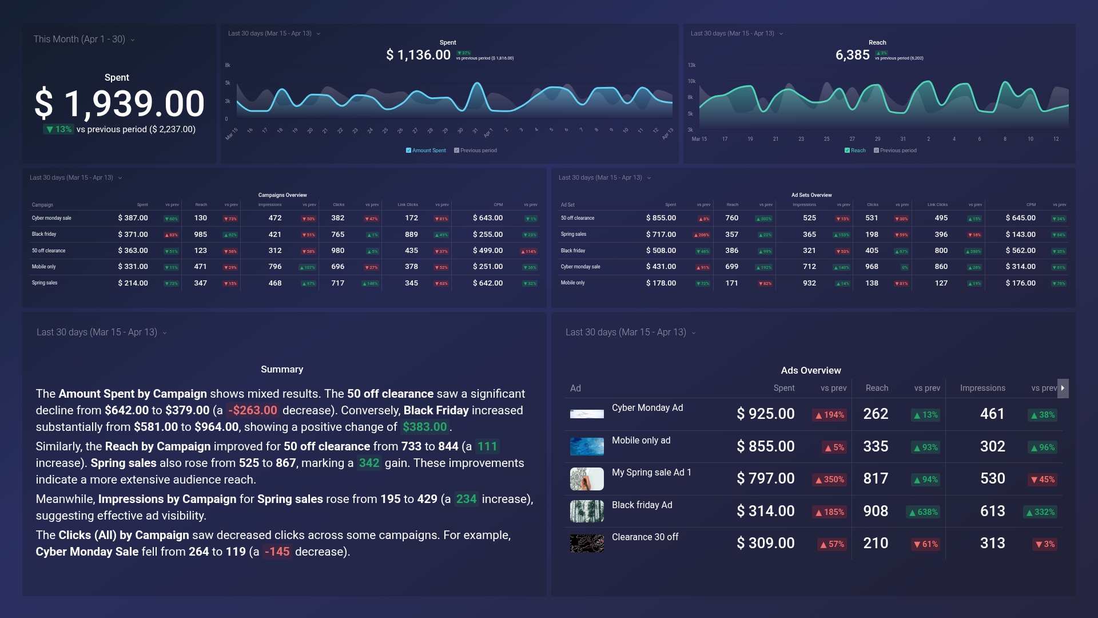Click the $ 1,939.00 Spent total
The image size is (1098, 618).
120,104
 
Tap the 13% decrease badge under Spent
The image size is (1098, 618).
58,129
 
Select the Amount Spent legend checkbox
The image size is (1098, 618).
408,150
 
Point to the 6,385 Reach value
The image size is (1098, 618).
852,55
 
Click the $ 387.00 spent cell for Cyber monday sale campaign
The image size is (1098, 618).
133,218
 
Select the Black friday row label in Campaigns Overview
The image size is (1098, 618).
44,234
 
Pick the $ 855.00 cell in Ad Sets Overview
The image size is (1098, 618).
661,218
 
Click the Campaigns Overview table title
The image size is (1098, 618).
283,195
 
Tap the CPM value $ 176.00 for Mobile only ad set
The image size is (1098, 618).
1020,283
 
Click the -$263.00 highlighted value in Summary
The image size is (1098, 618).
253,410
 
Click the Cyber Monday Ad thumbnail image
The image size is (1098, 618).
587,414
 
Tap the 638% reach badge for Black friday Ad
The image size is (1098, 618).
923,512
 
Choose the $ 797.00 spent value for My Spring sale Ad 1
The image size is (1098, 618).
765,478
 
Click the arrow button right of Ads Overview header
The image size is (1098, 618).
1063,388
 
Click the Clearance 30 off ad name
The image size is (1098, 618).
645,537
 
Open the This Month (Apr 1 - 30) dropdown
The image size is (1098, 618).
83,39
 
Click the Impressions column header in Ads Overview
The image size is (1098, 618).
982,388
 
